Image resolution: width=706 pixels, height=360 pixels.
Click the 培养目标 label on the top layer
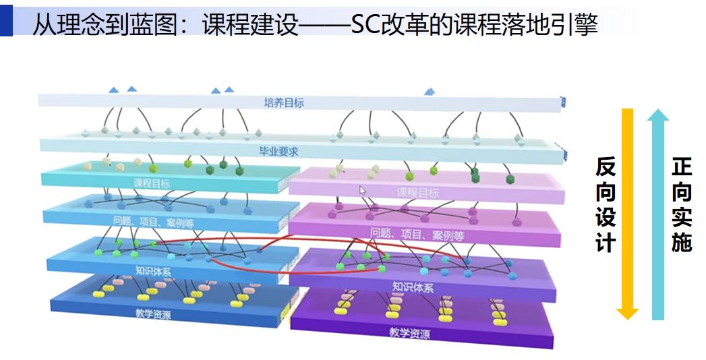284,103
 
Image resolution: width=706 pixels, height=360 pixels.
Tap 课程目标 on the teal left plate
152,183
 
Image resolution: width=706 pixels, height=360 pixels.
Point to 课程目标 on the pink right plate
417,193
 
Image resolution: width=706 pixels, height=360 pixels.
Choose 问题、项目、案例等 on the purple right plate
417,235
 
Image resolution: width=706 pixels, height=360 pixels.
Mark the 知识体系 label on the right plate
413,287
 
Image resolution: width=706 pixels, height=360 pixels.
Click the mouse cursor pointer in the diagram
362,191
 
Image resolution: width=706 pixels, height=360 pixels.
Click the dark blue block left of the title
6,20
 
